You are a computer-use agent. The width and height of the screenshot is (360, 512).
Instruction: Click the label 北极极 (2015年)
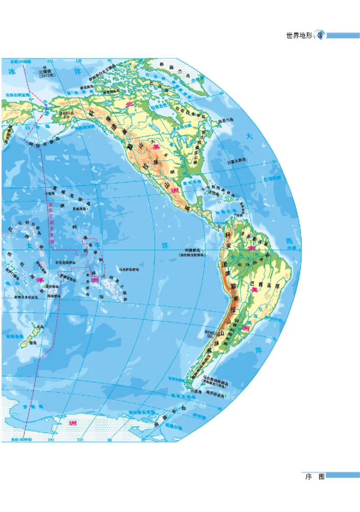click(45, 73)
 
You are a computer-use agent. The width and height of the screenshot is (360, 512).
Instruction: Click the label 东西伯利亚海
click(17, 95)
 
